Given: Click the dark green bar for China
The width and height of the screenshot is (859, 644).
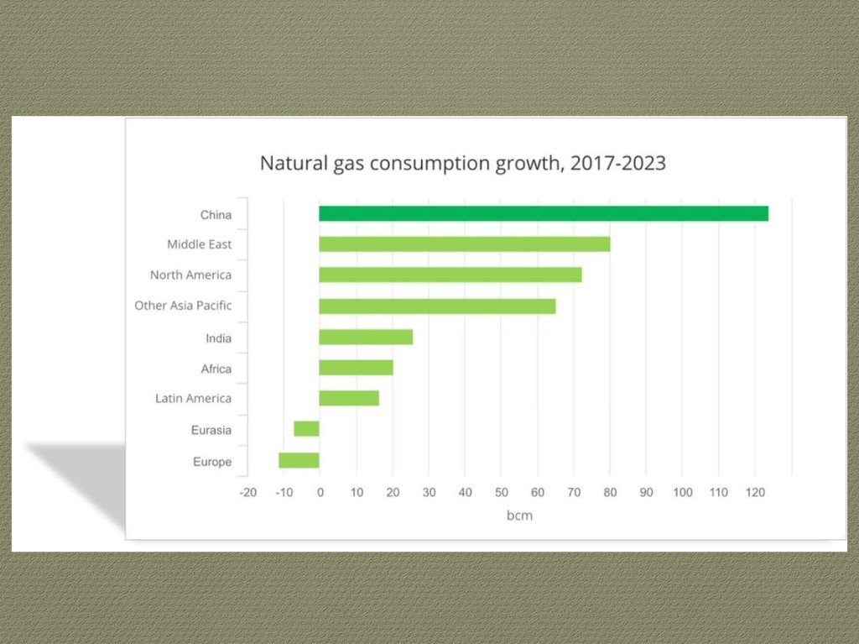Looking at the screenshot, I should pos(544,213).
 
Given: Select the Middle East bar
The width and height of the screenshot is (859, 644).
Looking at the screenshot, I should pos(464,244).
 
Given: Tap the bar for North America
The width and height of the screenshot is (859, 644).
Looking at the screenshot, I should pos(450,275).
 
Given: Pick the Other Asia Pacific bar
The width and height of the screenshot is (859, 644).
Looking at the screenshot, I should pos(437,306).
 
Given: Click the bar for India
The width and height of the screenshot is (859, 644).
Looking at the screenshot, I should pos(366,337).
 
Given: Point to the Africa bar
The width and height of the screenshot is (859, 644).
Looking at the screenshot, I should pos(356,368).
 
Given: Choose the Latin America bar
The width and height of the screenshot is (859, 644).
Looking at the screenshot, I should pos(349,398).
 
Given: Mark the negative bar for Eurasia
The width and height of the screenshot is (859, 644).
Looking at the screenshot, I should pos(306,429).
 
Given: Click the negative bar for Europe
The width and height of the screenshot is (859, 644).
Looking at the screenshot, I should pos(299,460).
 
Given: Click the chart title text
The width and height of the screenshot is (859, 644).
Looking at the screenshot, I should pos(462,163).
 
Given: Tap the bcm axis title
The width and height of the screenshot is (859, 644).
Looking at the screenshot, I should pos(519,516).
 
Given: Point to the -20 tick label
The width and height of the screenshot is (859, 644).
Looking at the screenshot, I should pos(247,492).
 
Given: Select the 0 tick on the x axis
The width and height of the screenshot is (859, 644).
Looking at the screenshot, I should pos(320,492).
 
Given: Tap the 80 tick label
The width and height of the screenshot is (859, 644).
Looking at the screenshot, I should pos(610,492).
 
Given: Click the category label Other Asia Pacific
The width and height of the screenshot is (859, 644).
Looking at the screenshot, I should pos(183,306).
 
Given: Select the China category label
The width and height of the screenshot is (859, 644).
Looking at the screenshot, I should pos(216,215).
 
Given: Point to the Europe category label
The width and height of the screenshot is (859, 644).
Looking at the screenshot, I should pos(211,462).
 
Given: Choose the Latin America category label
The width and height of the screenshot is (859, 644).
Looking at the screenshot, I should pos(193,399).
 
